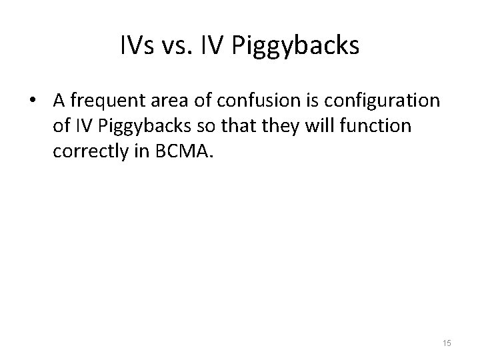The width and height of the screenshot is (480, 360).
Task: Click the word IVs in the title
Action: click(x=137, y=45)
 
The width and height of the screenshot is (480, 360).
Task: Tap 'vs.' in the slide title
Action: click(x=179, y=45)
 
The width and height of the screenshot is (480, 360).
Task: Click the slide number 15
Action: click(x=446, y=343)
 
